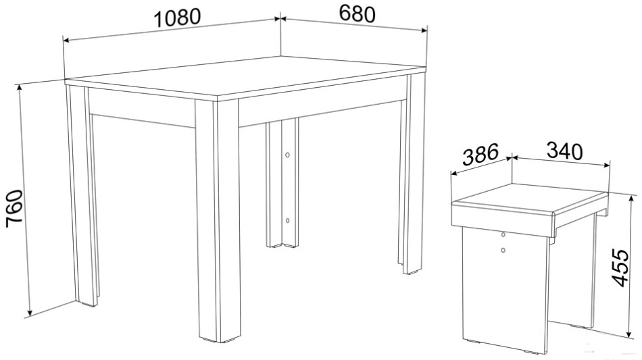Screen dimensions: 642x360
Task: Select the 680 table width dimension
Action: pyautogui.click(x=357, y=14)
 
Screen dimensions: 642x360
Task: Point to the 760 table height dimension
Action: pyautogui.click(x=14, y=211)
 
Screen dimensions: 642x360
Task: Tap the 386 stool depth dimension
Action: pyautogui.click(x=480, y=153)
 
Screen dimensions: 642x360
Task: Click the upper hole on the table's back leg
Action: pyautogui.click(x=287, y=155)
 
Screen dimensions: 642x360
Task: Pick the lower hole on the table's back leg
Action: pyautogui.click(x=287, y=220)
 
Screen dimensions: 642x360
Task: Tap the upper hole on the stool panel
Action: pyautogui.click(x=503, y=235)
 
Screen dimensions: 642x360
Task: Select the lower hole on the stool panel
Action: pyautogui.click(x=503, y=249)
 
